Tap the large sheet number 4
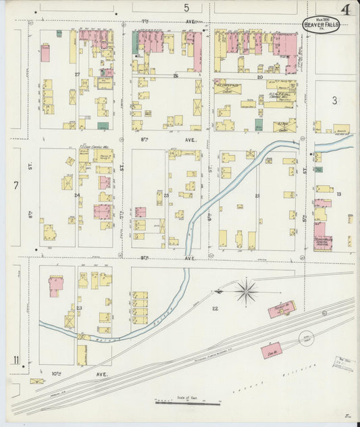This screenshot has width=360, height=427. (x=345, y=10)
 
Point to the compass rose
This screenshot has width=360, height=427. (x=246, y=292)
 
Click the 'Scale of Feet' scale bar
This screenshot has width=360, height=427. (x=187, y=403)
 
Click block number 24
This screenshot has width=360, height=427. (x=77, y=196)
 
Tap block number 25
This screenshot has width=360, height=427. (x=166, y=195)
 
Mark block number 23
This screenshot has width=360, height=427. (x=79, y=308)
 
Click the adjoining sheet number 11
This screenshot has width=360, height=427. (x=16, y=360)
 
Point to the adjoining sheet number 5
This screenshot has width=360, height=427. (x=186, y=7)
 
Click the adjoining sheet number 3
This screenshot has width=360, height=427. (x=334, y=101)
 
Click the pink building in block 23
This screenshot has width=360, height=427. (x=55, y=285)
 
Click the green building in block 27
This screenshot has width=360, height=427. (x=103, y=126)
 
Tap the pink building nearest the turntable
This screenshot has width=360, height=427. (x=272, y=349)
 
